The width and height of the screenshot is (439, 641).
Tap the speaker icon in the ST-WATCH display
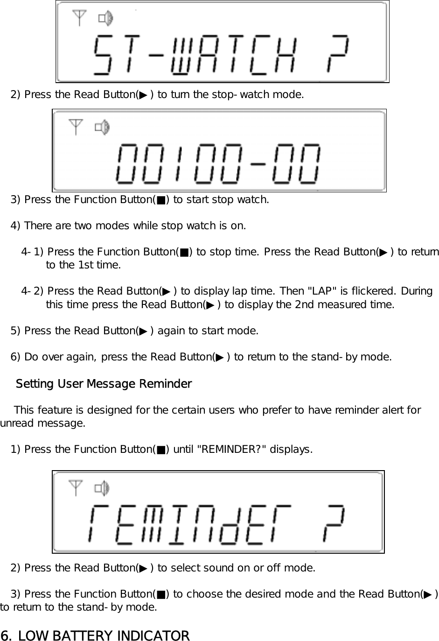105,19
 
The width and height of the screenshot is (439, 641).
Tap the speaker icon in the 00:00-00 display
102,127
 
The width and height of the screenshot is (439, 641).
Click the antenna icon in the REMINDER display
76,488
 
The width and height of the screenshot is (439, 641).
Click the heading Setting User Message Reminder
104,384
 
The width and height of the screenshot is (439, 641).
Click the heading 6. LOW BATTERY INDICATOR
95,635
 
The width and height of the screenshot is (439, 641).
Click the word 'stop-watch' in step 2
244,95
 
